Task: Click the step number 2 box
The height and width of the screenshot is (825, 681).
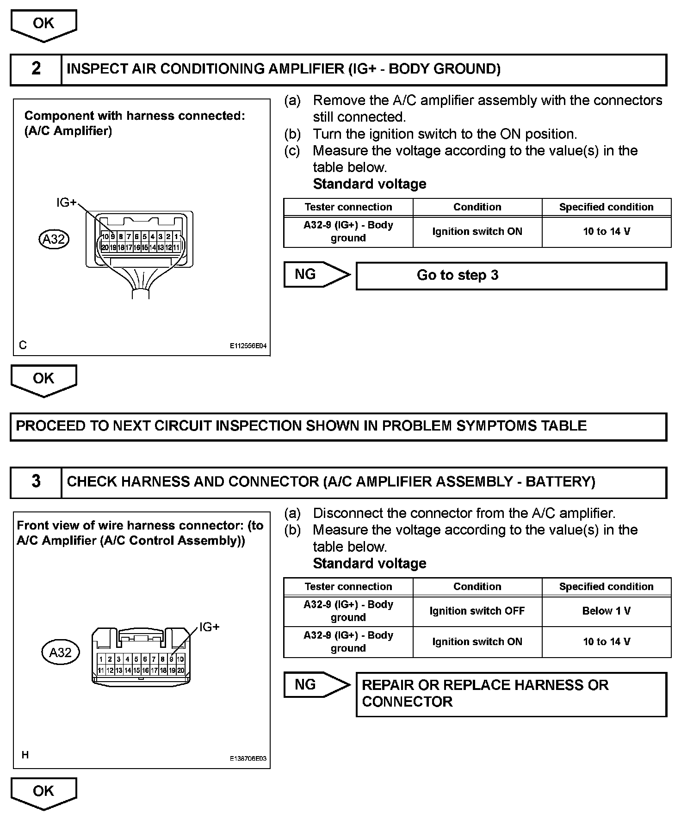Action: click(x=36, y=69)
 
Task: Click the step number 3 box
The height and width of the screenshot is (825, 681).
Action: click(x=36, y=482)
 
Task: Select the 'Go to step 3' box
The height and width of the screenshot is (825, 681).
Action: click(x=511, y=276)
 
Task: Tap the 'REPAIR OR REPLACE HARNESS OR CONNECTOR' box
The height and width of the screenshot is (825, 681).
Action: click(x=511, y=694)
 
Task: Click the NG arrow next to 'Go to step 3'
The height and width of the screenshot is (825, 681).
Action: click(x=316, y=275)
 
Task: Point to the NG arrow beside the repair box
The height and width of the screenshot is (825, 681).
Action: click(x=316, y=685)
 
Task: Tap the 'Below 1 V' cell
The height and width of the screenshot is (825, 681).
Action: click(x=606, y=611)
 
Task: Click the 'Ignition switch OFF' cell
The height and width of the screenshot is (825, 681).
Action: click(x=477, y=611)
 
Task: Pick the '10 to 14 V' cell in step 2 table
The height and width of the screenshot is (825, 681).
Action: click(x=606, y=232)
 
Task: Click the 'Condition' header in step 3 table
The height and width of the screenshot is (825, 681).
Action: click(x=477, y=587)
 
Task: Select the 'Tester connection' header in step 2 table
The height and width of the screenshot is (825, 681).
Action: click(x=348, y=207)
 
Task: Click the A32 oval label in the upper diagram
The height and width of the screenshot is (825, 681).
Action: click(x=54, y=240)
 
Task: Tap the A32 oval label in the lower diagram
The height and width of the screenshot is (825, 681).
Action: click(x=61, y=653)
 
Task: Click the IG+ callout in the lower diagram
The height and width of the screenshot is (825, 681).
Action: click(x=209, y=627)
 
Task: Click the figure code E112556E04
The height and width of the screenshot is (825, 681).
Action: click(x=248, y=346)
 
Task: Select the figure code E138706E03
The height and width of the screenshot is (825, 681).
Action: click(x=248, y=759)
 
